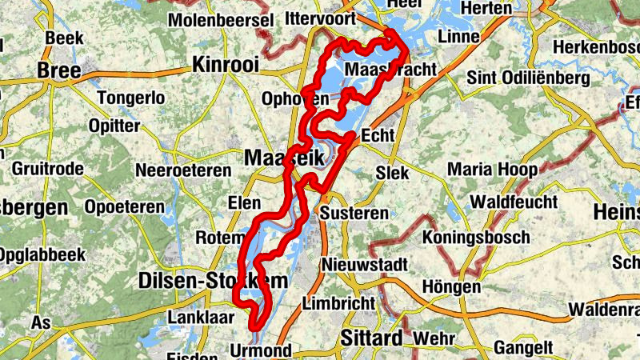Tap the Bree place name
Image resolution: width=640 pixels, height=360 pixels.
(59, 71)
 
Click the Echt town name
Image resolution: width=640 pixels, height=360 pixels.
(378, 135)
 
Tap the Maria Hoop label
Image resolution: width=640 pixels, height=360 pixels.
(493, 170)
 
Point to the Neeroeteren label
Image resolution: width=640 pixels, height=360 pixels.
(184, 170)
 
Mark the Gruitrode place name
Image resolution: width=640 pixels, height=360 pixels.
(46, 170)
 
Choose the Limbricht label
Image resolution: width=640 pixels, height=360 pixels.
(339, 303)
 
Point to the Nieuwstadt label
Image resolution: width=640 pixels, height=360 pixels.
(366, 265)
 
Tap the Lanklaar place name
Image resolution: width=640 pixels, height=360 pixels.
(200, 317)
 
